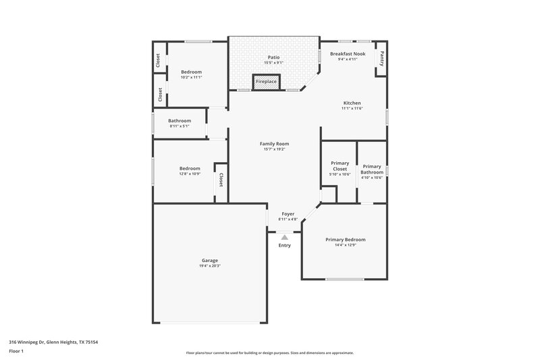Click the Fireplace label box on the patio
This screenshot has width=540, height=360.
(266, 81)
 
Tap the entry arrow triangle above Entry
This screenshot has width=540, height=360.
(285, 237)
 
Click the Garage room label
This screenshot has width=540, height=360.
(210, 260)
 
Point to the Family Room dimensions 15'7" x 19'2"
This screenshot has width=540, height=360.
(274, 149)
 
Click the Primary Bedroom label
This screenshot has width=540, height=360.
(345, 240)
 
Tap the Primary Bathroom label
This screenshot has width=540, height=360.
(372, 169)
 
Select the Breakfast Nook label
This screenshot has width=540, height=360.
(348, 53)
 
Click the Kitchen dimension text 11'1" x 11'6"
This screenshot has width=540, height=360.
(352, 108)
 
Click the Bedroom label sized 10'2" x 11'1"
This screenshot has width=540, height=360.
(191, 72)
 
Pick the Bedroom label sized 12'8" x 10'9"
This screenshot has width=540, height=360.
(190, 168)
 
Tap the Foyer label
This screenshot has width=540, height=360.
(288, 213)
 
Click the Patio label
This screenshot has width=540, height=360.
(273, 57)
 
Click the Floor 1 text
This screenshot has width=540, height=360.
(17, 352)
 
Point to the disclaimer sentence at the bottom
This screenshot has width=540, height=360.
(270, 353)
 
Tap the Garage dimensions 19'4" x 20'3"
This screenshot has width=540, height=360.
(210, 266)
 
